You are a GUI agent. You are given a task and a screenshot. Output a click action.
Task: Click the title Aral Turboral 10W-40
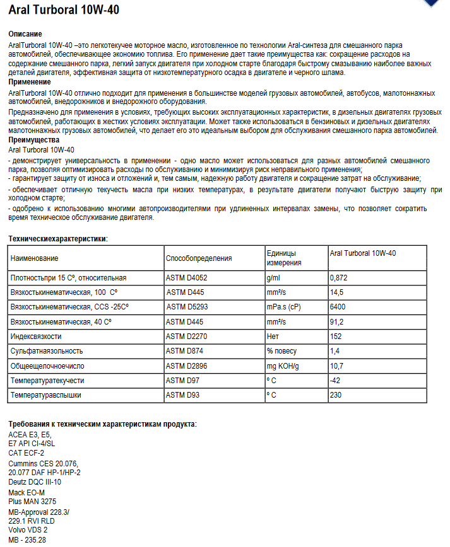[x=64, y=11]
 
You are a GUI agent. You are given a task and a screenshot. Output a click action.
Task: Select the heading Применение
[x=30, y=82]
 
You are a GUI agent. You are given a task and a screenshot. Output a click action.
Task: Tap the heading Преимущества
[x=34, y=139]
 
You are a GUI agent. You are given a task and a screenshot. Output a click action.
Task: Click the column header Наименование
[x=35, y=258]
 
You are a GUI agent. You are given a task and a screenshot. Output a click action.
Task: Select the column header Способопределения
[x=199, y=258]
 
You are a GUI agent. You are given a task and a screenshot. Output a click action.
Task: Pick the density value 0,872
[x=338, y=278]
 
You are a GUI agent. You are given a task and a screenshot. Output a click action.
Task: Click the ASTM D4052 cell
[x=187, y=278]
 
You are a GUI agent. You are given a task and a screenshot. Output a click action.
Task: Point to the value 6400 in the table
[x=338, y=307]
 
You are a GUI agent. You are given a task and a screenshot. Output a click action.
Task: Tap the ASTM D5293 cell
[x=187, y=307]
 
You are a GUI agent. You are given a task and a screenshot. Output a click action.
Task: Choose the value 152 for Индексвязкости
[x=335, y=337]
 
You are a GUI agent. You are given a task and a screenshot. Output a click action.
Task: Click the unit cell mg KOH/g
[x=282, y=366]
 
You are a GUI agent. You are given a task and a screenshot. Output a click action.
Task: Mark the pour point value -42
[x=335, y=381]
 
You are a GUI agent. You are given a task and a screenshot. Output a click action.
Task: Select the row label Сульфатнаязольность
[x=47, y=351]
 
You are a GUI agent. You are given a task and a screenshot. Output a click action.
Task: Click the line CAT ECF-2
[x=27, y=452]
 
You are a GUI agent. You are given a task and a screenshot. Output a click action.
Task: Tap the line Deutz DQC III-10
[x=35, y=481]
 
